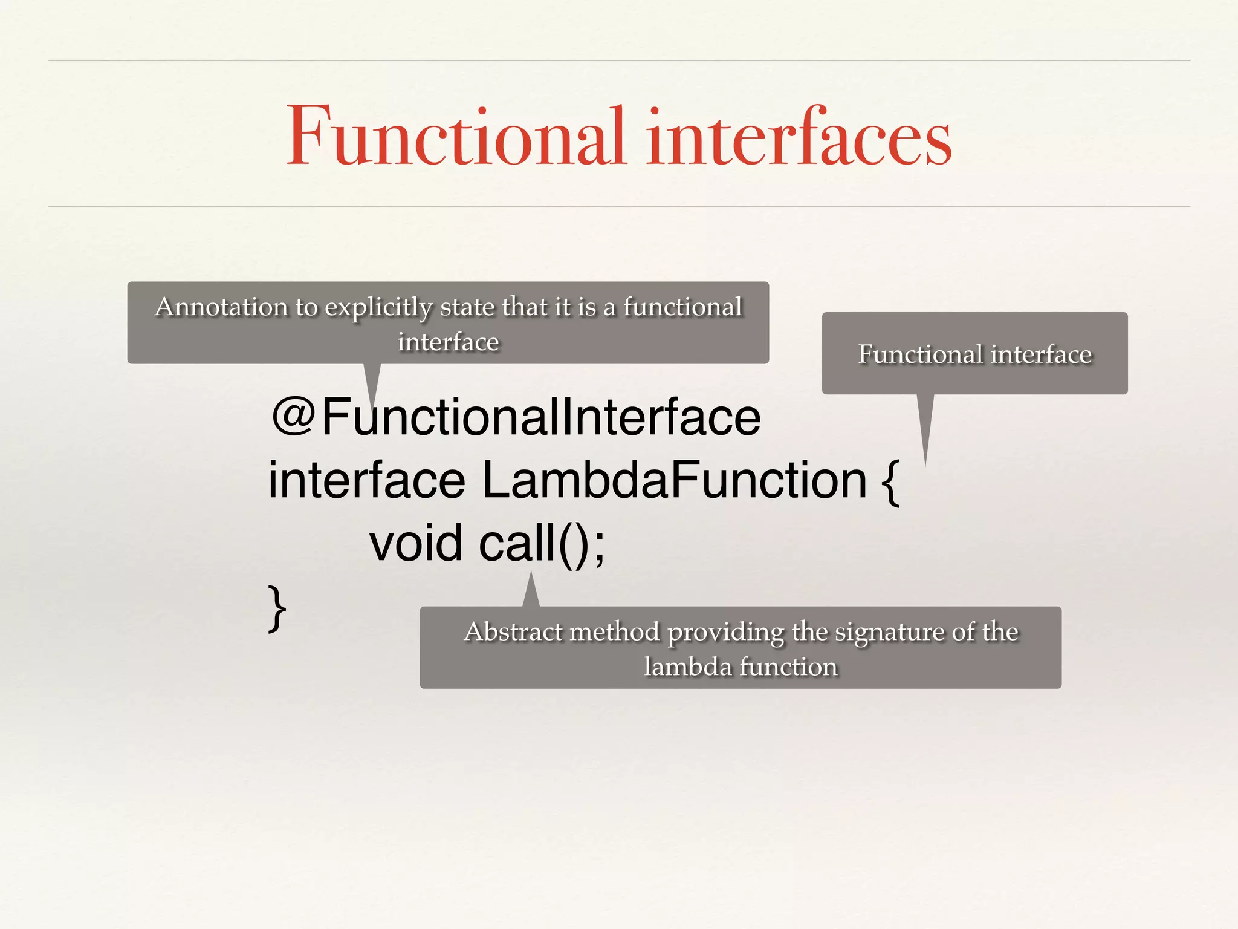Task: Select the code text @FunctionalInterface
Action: coord(517,417)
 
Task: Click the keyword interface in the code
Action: coord(366,480)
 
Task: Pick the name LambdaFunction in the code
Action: coord(674,480)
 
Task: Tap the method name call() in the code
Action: coord(532,543)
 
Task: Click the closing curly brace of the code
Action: coord(277,608)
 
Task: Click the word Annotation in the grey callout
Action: coord(221,307)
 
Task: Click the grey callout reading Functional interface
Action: coord(974,354)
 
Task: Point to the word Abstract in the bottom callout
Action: coord(513,632)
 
